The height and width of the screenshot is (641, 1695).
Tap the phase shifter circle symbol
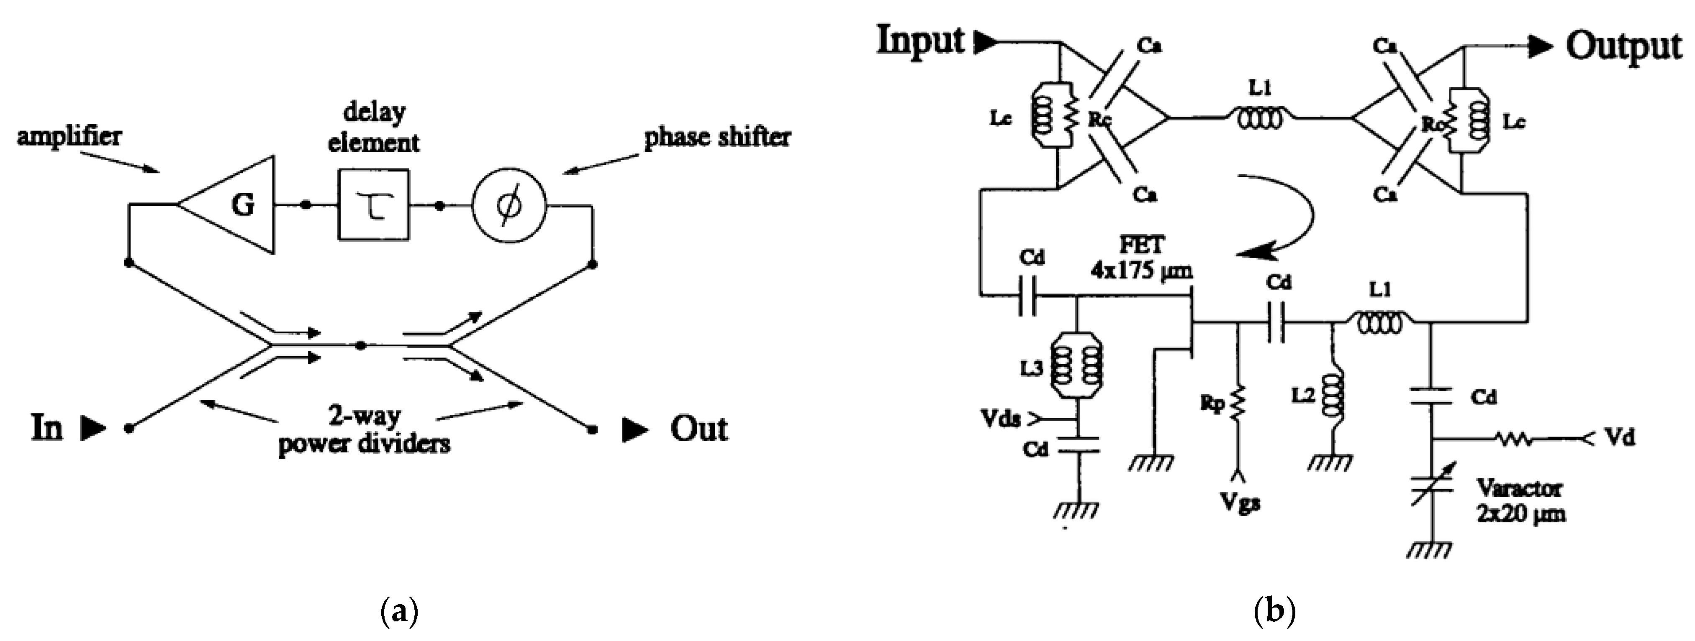click(x=510, y=205)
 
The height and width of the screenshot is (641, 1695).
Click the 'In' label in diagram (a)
click(x=47, y=429)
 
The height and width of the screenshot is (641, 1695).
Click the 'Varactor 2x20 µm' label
click(x=1520, y=501)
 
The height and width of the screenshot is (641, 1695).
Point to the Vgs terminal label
click(x=1240, y=503)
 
